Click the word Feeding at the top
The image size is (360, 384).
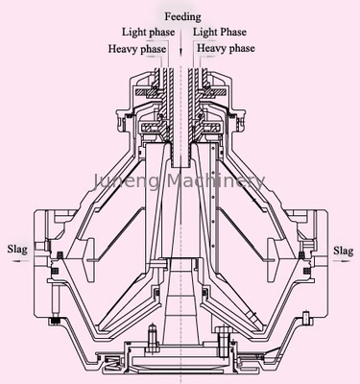182,17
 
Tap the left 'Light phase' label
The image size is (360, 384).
148,33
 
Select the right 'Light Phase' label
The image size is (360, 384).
220,33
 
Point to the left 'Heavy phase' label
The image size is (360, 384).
137,49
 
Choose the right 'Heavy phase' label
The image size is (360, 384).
226,48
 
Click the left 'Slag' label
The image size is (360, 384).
17,250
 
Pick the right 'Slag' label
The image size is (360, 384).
344,251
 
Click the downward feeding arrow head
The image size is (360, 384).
180,51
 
